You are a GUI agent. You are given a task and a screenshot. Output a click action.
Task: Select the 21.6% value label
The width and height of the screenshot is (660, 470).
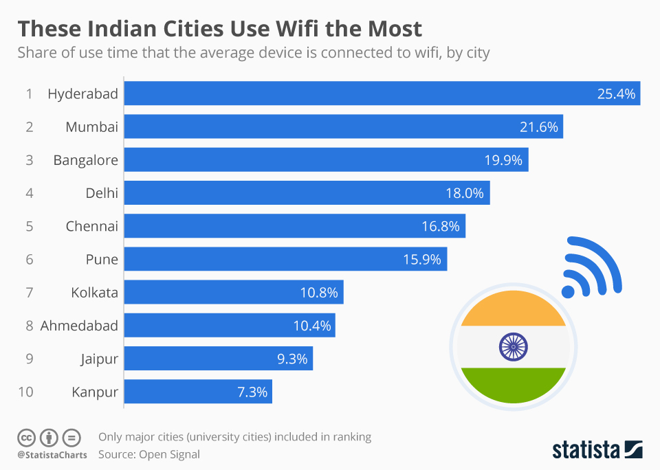click(x=538, y=127)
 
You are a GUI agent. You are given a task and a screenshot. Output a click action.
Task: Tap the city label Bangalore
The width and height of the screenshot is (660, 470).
click(x=86, y=160)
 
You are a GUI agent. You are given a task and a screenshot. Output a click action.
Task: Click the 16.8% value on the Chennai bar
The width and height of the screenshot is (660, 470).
click(x=440, y=226)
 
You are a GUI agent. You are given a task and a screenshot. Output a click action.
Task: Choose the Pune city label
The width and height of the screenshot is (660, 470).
click(x=102, y=259)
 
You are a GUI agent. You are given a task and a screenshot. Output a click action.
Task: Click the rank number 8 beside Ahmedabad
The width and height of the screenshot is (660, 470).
click(x=30, y=325)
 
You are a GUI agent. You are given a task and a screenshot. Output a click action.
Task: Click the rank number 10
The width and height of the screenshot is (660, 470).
click(x=26, y=392)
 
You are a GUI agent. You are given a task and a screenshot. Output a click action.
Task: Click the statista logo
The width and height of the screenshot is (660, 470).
click(x=597, y=450)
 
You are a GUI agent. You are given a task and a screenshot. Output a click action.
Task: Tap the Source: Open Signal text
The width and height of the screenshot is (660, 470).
click(x=149, y=454)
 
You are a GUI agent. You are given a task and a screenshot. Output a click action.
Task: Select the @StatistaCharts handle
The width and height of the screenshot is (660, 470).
click(x=52, y=455)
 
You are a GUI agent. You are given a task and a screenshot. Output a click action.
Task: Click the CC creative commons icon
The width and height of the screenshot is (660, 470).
click(x=27, y=437)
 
